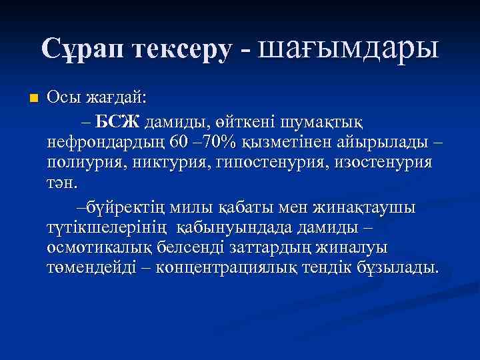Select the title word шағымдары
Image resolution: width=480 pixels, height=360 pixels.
(349, 49)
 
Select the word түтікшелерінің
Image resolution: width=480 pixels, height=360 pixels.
(109, 227)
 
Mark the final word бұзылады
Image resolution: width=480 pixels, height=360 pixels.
(399, 267)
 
